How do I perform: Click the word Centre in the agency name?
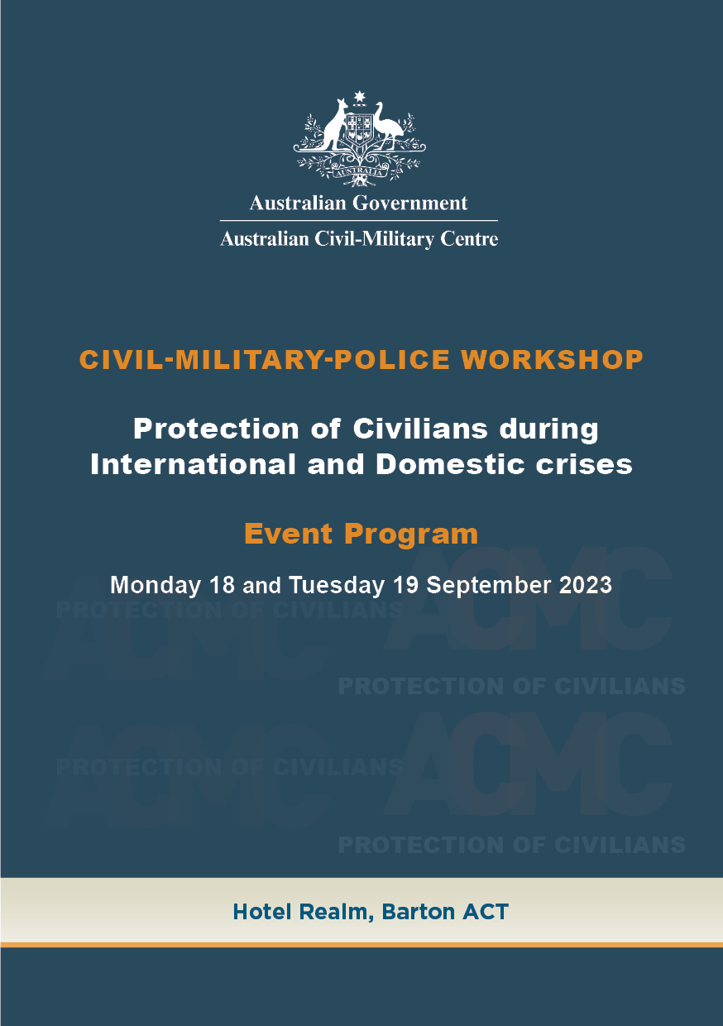pyautogui.click(x=469, y=240)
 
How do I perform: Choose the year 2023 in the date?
pyautogui.click(x=584, y=585)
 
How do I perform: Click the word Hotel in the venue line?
pyautogui.click(x=258, y=912)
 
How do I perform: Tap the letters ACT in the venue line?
pyautogui.click(x=486, y=912)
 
